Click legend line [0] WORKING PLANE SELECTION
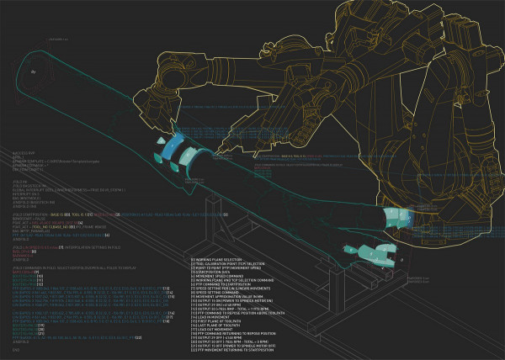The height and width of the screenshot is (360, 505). [219, 259]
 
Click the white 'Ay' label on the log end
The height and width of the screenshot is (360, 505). [34, 73]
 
